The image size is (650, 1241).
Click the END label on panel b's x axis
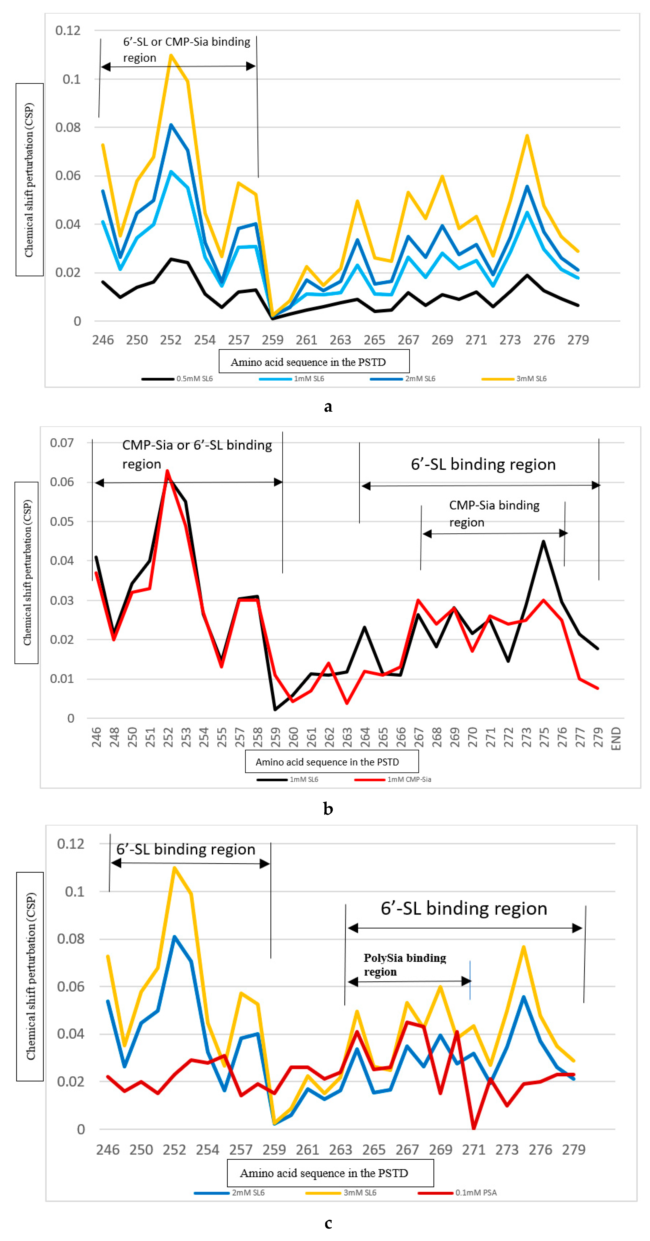click(616, 739)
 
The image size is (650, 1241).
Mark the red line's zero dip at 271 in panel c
click(474, 1128)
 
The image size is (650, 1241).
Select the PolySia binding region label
click(405, 965)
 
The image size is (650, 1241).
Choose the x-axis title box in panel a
click(314, 361)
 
